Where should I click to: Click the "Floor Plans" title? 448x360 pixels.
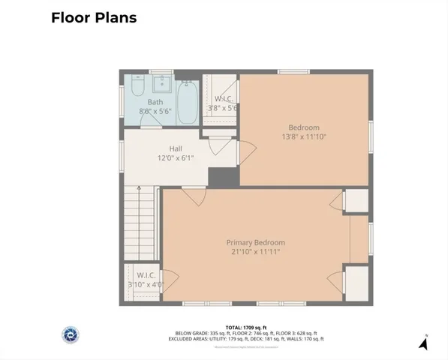(x=94, y=17)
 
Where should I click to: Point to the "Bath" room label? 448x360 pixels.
(x=155, y=102)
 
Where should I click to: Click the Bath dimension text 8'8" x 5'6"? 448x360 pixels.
(x=155, y=112)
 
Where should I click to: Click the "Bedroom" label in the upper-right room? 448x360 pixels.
(x=304, y=127)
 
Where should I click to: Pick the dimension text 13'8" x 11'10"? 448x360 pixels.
(x=304, y=136)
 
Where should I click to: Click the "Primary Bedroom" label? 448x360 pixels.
(x=256, y=242)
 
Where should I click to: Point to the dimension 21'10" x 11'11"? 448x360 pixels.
(x=256, y=253)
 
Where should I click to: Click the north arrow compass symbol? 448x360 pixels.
(x=423, y=343)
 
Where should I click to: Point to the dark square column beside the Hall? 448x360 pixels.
(x=221, y=178)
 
